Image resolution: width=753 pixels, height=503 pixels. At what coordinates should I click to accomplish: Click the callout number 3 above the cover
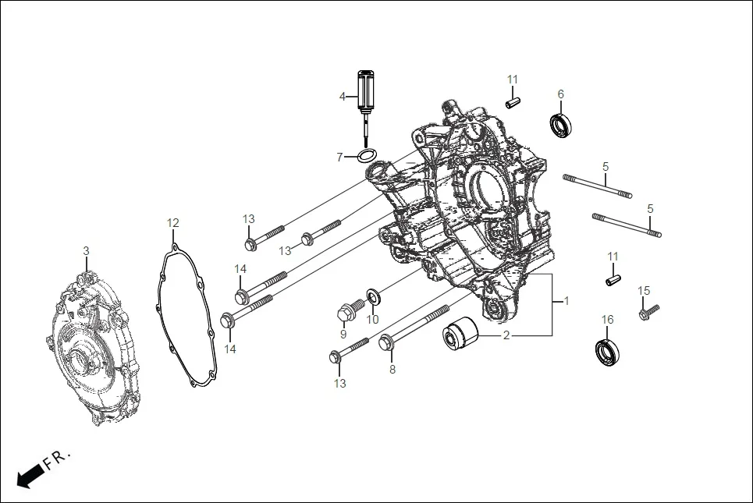tap(86, 250)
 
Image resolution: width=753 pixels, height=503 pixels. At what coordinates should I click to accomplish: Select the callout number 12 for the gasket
tap(172, 223)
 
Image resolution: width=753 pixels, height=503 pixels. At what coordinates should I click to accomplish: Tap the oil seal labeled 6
tap(560, 125)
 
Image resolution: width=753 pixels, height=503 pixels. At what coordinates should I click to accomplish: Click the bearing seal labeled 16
tap(607, 352)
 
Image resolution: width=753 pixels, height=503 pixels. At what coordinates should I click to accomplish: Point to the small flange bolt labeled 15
tap(648, 313)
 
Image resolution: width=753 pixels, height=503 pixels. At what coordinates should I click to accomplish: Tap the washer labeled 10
tap(373, 296)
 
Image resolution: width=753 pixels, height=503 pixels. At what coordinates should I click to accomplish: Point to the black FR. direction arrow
tap(30, 475)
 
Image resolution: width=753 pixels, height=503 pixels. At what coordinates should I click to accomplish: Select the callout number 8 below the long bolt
tap(392, 369)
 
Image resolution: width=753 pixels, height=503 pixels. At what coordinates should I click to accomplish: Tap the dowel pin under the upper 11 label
tap(512, 101)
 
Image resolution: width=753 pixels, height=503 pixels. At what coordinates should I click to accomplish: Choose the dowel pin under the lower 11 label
tap(613, 277)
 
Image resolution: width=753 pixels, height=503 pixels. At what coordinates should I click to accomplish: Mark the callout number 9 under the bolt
tap(343, 335)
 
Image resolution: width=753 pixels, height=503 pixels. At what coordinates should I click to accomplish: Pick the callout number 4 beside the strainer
tap(342, 96)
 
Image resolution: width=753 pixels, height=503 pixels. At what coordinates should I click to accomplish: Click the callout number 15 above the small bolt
tap(644, 291)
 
